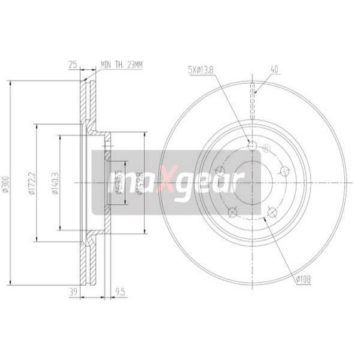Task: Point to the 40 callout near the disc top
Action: pyautogui.click(x=275, y=69)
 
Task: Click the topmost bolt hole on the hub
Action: pyautogui.click(x=252, y=146)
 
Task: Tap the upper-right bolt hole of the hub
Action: pyautogui.click(x=284, y=170)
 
